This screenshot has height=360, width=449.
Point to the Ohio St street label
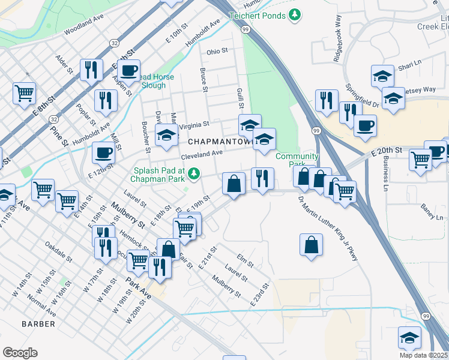[217, 52]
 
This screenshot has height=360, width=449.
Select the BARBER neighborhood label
[38, 324]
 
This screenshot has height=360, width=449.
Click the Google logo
[20, 353]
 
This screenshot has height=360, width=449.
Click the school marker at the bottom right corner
[409, 337]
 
